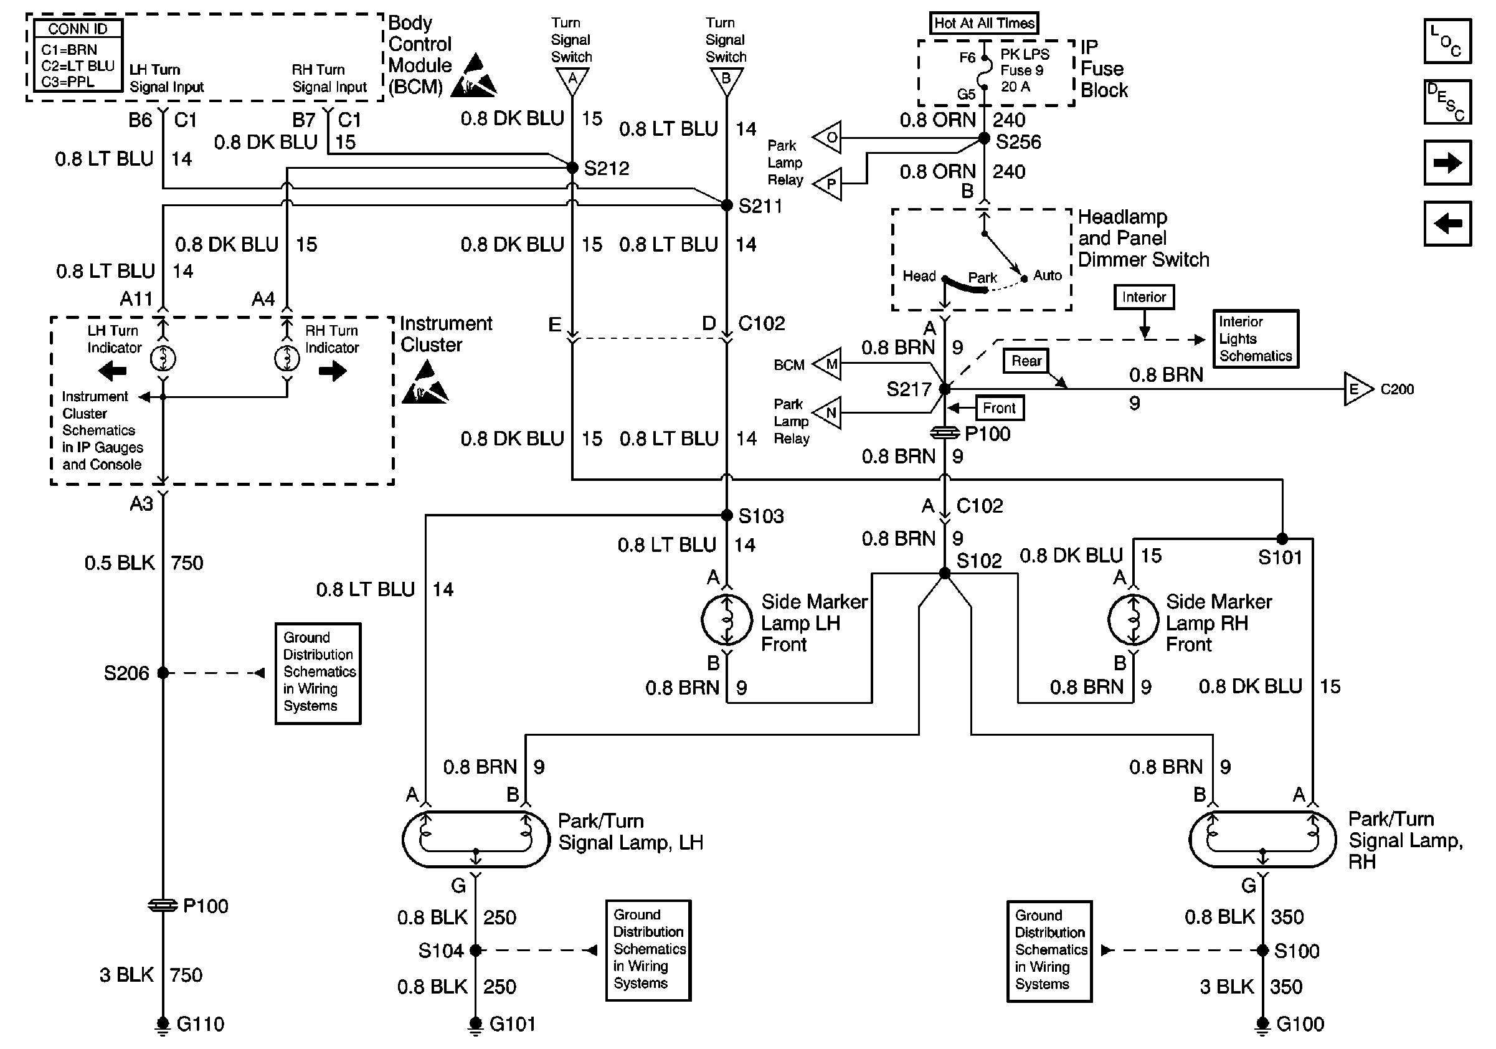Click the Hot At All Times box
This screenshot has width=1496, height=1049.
983,23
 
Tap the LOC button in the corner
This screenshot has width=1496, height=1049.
1447,41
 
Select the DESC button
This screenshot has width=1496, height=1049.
1447,102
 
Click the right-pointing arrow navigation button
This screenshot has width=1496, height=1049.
1447,162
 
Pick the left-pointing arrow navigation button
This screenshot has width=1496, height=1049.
1447,224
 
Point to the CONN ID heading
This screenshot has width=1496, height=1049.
77,29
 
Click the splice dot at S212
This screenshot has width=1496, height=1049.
572,168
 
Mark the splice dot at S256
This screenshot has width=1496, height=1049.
985,138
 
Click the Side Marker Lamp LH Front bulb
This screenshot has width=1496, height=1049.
726,619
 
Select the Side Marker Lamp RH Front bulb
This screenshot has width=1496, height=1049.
1133,619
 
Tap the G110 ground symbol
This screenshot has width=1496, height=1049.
162,1025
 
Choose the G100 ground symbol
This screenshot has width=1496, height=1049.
1262,1025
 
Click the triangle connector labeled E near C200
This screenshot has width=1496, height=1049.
1356,389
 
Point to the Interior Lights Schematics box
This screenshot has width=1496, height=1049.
1255,339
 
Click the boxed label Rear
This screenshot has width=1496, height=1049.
1026,361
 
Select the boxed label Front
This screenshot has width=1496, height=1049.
999,408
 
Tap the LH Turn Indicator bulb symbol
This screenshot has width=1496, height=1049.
163,358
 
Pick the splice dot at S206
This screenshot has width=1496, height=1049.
163,672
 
